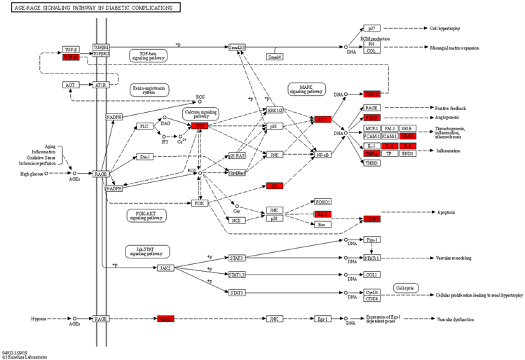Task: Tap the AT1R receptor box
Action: coord(100,85)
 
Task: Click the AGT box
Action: coord(69,85)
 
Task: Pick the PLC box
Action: coord(144,126)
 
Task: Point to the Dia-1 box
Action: coord(144,157)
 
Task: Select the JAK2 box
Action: coord(165,268)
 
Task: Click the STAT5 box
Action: coord(236,293)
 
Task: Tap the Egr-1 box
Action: coord(322,319)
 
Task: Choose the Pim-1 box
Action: coord(372,240)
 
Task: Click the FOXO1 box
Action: coord(322,202)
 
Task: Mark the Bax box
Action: coord(322,224)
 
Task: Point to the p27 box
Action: coord(372,28)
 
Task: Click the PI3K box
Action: coord(200,203)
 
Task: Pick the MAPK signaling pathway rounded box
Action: coord(306,89)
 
